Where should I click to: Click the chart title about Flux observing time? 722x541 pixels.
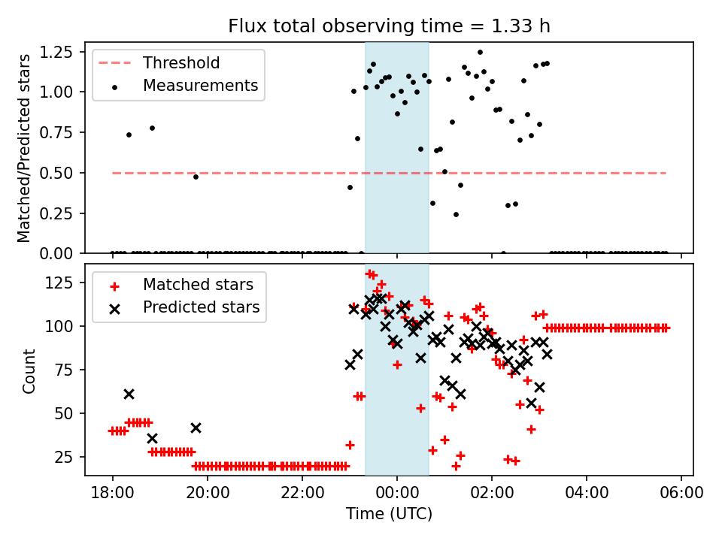389,26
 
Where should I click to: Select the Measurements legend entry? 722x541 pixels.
200,86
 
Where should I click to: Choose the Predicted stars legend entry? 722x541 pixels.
201,307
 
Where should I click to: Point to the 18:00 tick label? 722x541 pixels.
113,494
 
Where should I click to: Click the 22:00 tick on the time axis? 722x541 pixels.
302,494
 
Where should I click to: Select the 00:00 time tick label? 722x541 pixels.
397,494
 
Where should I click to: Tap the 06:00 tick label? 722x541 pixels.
681,494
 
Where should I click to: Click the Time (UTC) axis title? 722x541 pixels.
389,514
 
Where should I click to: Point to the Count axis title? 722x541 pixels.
29,370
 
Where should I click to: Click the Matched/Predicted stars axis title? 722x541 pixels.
24,148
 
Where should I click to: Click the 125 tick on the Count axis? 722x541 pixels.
62,283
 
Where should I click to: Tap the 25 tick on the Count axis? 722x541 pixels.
65,457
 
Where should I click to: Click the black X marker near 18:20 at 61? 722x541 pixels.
129,394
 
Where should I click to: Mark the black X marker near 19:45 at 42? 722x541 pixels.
196,428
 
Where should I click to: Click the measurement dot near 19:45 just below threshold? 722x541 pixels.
196,177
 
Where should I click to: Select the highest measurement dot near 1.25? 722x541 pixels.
480,53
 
